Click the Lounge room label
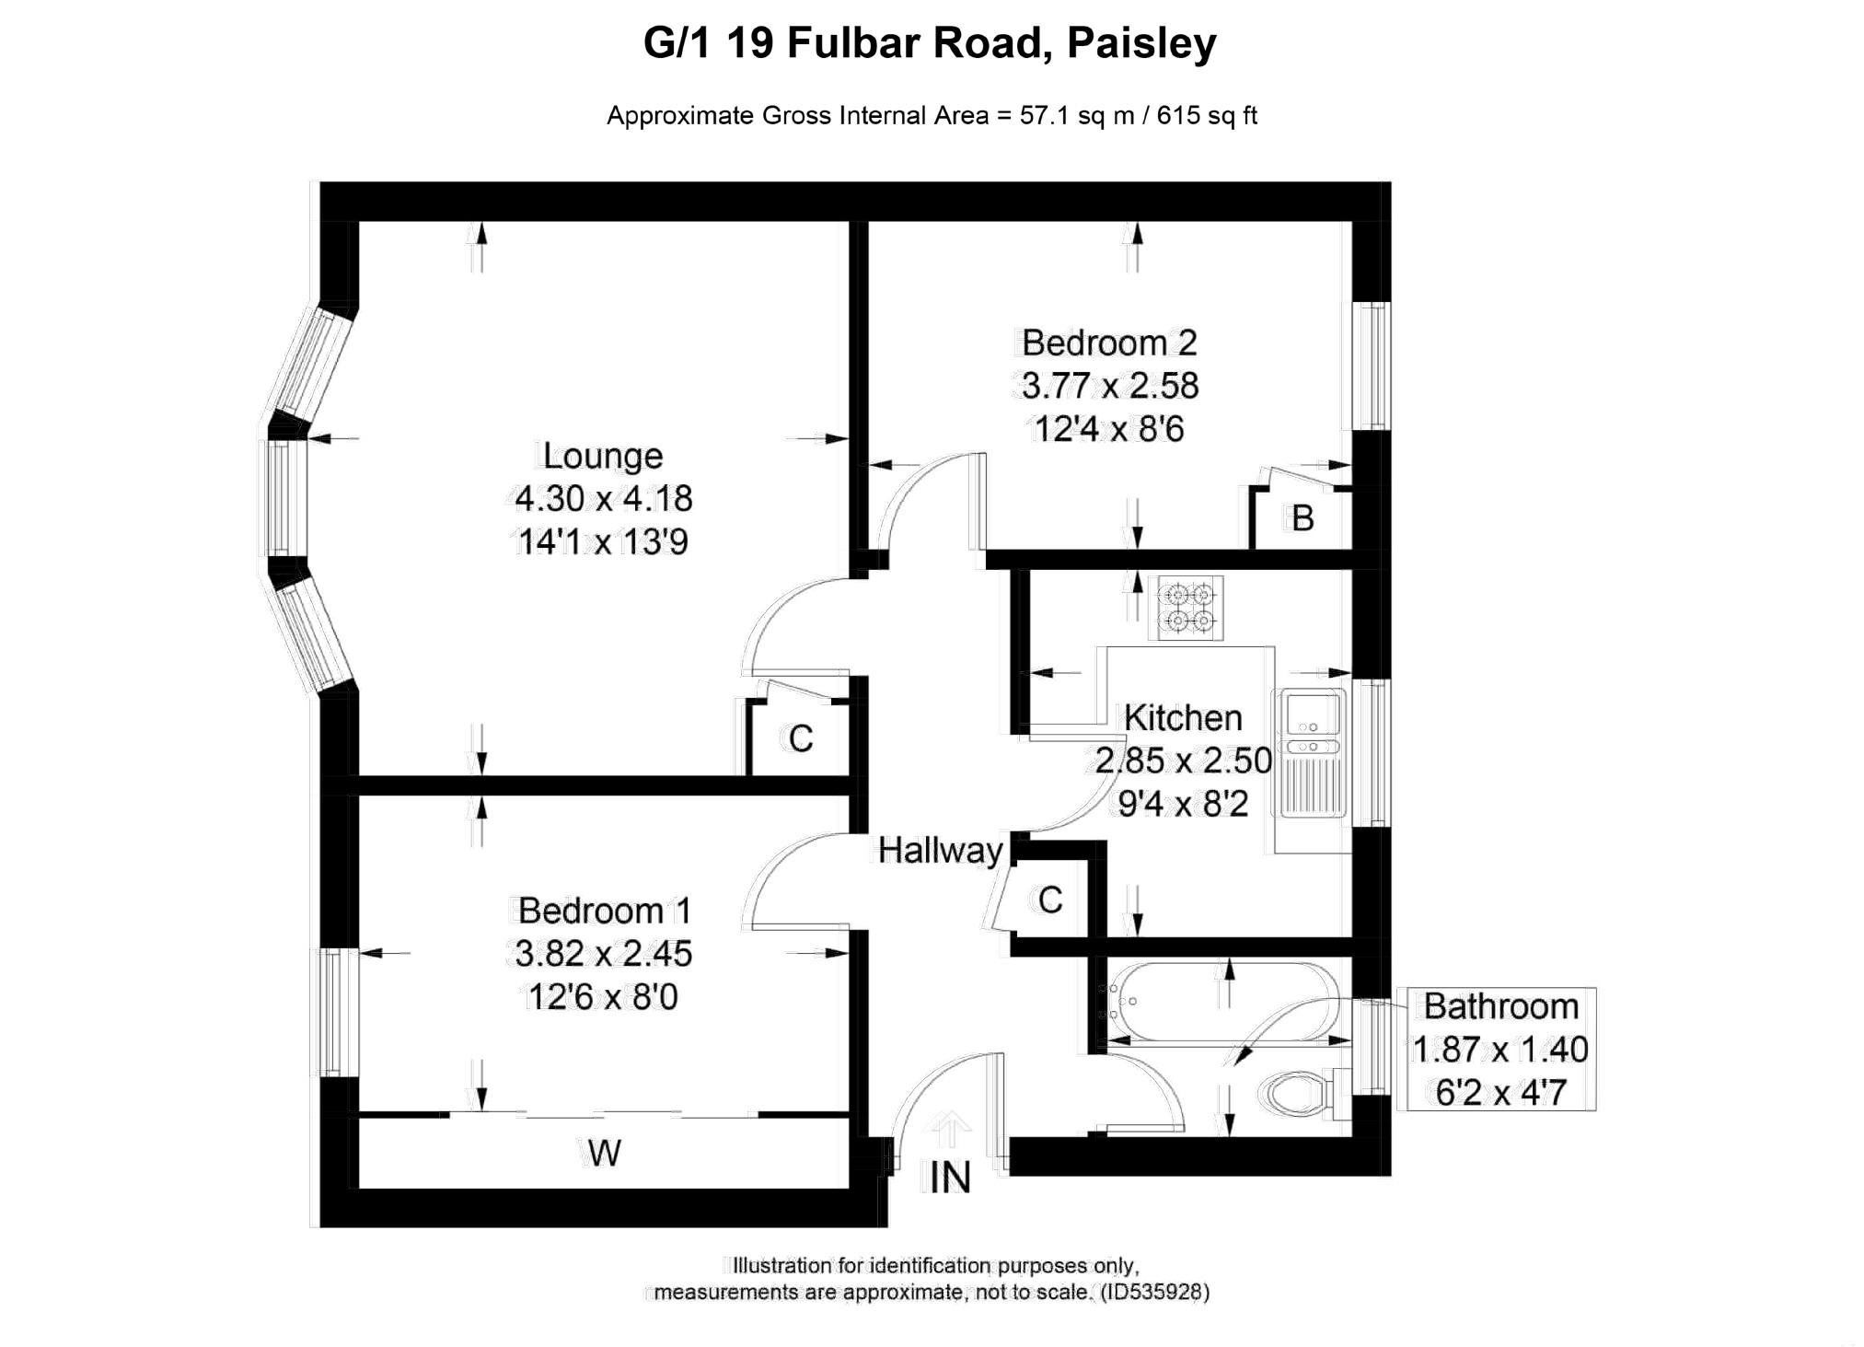coord(603,456)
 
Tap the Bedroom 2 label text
coord(1109,343)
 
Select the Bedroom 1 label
coord(604,911)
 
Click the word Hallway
coord(940,851)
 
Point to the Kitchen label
coord(1183,717)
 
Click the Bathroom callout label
coord(1501,1006)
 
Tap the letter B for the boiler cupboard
coord(1302,518)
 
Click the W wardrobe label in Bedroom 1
coord(604,1153)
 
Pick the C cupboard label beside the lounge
coord(801,738)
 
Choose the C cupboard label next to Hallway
coord(1050,900)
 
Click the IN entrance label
coord(950,1178)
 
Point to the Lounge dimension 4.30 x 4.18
coord(603,499)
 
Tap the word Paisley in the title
coord(1141,43)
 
